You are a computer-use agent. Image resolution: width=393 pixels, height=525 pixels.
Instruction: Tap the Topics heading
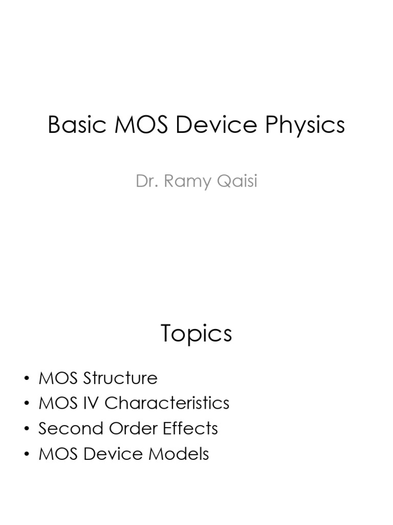tap(196, 334)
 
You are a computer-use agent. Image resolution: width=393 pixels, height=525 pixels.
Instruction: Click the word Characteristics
tap(167, 403)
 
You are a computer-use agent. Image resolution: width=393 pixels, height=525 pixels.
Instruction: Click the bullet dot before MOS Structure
tap(27, 379)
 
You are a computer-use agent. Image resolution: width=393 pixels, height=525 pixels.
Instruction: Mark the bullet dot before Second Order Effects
tap(27, 429)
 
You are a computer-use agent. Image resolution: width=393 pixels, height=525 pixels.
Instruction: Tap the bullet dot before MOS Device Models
tap(27, 454)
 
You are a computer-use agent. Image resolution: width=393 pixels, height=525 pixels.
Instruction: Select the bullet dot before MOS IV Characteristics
tap(27, 404)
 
